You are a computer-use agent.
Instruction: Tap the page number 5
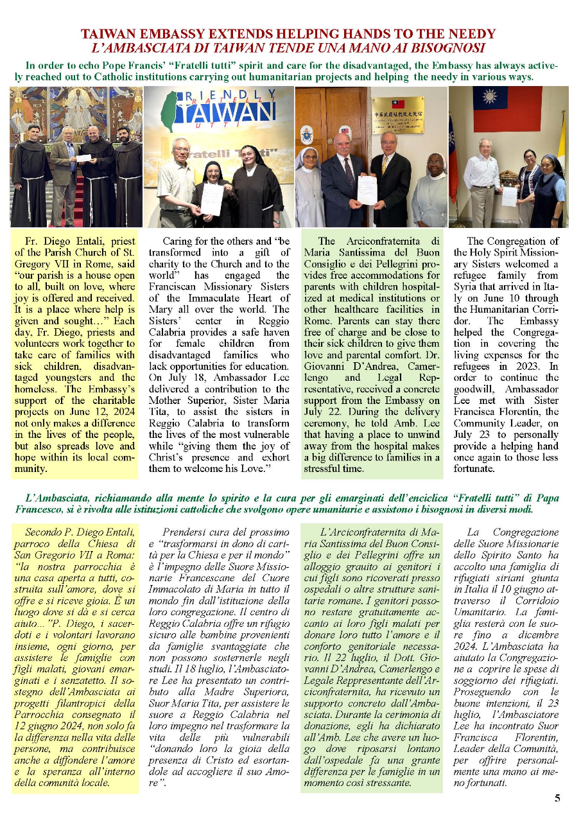point(557,798)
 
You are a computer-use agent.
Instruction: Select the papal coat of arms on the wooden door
point(307,134)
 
